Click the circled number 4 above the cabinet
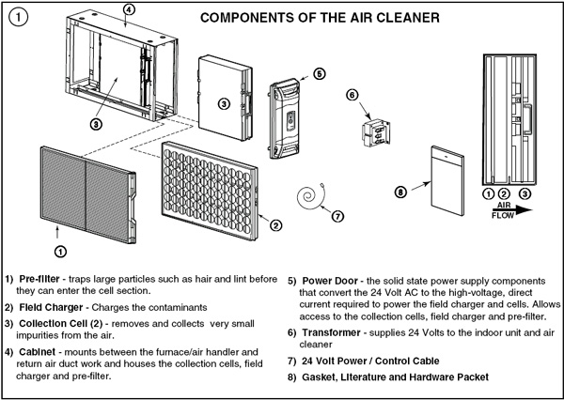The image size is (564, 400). click(129, 10)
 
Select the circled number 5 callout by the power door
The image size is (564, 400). click(319, 72)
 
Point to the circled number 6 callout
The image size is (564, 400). click(352, 95)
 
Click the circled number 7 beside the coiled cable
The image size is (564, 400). click(337, 215)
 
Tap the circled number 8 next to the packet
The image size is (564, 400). click(400, 192)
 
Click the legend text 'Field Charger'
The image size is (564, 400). click(53, 307)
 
